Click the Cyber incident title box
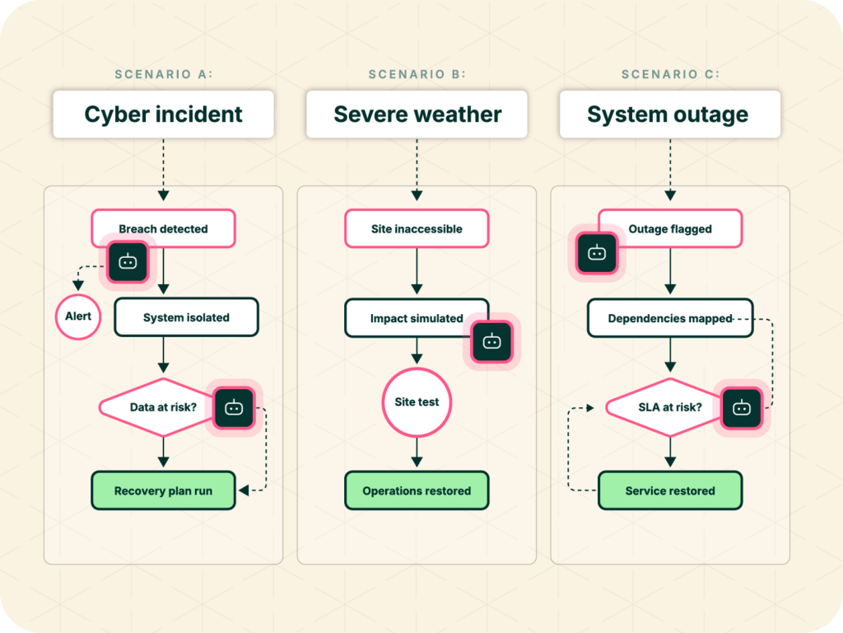[164, 114]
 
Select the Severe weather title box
[417, 114]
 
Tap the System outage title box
[670, 114]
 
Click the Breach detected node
[164, 229]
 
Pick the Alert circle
[78, 316]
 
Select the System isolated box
[187, 317]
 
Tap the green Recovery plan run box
[164, 490]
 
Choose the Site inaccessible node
[417, 229]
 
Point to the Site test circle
[417, 402]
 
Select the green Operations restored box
[417, 490]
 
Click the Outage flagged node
[670, 229]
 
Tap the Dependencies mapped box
[670, 318]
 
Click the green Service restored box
[670, 490]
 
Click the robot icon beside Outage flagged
[597, 253]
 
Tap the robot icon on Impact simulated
[492, 342]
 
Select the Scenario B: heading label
[417, 74]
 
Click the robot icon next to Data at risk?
[234, 408]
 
